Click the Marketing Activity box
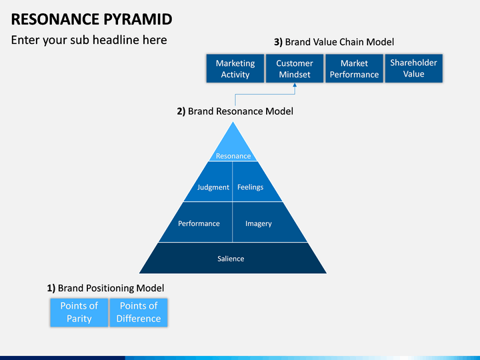[x=235, y=68]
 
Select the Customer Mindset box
[x=295, y=68]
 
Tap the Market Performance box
[x=354, y=68]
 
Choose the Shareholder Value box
[x=413, y=68]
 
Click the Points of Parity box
[x=79, y=313]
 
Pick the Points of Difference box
[x=139, y=313]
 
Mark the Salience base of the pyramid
[x=233, y=258]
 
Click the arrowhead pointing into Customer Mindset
[x=295, y=85]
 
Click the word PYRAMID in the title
[x=137, y=19]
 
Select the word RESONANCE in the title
[x=55, y=19]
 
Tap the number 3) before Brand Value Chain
[x=278, y=42]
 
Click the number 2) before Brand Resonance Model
[x=181, y=111]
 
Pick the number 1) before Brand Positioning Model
[x=51, y=288]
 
